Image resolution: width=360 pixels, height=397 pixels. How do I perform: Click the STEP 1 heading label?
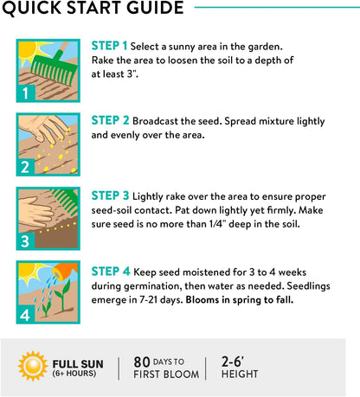click(x=109, y=46)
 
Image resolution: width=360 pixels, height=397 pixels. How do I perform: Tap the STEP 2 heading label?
click(x=110, y=120)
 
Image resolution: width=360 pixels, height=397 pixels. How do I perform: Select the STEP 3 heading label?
click(x=110, y=195)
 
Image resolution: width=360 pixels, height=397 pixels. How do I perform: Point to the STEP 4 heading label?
click(x=111, y=272)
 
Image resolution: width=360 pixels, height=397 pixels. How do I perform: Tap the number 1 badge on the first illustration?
click(x=26, y=93)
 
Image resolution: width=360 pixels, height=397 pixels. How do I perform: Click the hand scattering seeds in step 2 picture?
click(x=45, y=128)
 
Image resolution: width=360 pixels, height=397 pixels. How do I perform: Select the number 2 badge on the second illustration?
click(x=25, y=167)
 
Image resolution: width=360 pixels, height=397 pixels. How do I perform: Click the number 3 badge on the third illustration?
click(x=25, y=241)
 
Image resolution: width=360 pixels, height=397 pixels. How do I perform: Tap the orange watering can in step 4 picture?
click(x=66, y=271)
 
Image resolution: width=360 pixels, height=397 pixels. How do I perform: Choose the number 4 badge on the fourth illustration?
click(x=25, y=315)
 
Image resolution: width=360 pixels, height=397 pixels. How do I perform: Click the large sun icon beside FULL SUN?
click(x=33, y=366)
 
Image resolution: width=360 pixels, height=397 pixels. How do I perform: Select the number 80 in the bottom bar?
click(x=142, y=362)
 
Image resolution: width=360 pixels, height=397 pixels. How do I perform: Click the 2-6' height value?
click(x=233, y=362)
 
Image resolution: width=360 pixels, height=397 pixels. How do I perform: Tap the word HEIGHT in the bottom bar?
click(x=240, y=374)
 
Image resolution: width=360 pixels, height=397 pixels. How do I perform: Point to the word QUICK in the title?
click(x=32, y=8)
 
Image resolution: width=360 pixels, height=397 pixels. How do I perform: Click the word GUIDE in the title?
click(x=155, y=7)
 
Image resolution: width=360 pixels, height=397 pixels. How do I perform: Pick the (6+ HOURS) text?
click(x=74, y=373)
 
